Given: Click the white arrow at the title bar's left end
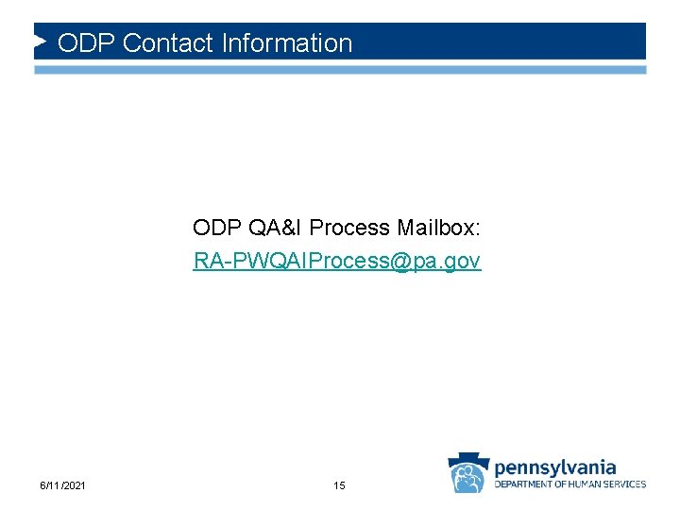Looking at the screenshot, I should pos(41,42).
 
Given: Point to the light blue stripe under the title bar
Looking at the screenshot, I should pos(340,70).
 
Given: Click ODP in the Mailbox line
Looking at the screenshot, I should pos(217,228).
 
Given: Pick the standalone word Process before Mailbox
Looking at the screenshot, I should pos(349,228).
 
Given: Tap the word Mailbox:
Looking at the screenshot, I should pos(439,228).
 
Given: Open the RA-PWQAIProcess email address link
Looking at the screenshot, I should pos(337,261).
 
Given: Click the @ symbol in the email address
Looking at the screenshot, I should pos(399,261).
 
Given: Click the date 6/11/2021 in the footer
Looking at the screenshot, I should pos(63,485).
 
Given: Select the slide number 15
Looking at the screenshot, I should pos(339,485).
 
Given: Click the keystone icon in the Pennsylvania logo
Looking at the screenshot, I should pos(467,472).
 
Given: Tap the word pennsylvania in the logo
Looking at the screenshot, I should pos(555,467).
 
